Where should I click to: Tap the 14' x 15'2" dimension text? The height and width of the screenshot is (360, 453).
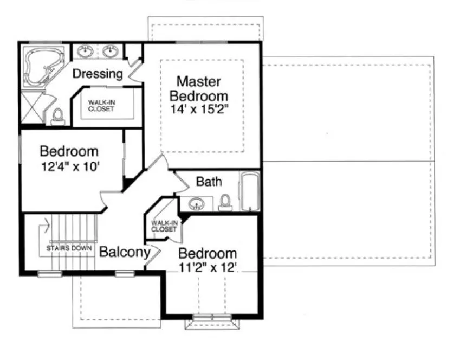point(199,108)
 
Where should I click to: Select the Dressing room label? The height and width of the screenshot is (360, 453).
point(98,73)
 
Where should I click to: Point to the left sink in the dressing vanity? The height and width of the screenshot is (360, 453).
point(86,52)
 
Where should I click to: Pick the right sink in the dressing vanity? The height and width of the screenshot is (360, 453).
point(111,52)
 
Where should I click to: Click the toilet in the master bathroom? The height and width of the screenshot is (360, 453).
point(57,115)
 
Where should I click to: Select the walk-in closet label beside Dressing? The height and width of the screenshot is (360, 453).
point(102,105)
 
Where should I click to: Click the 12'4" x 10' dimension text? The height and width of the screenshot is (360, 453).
point(69,166)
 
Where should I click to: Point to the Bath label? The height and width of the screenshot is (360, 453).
point(209,181)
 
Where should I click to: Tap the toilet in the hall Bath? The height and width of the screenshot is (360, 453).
point(225,203)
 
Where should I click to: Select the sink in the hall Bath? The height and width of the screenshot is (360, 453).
point(196,204)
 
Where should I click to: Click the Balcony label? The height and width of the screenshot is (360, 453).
point(124,252)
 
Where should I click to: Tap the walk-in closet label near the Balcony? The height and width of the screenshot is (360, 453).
point(164,226)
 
